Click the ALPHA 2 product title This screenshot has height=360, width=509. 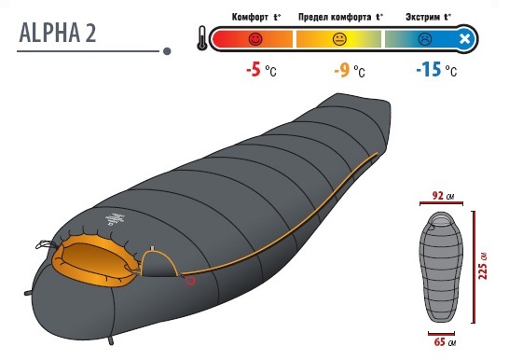(x=58, y=33)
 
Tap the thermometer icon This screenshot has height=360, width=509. (x=202, y=38)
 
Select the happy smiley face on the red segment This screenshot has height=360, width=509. (x=255, y=38)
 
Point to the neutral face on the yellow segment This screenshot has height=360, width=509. (x=339, y=39)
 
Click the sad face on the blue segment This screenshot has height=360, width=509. (x=424, y=39)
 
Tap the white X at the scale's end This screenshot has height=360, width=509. (x=465, y=39)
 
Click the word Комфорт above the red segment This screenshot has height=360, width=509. (x=250, y=17)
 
